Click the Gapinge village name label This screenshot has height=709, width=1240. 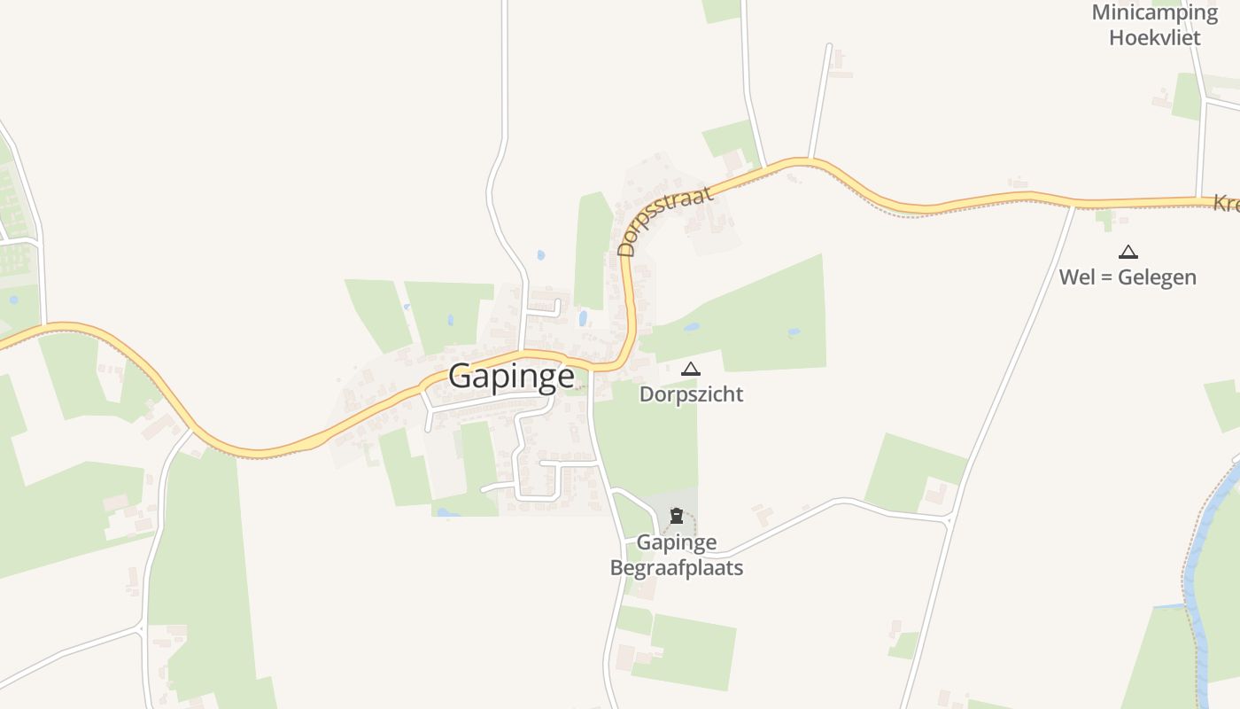[x=511, y=376]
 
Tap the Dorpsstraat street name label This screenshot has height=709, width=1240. [x=665, y=221]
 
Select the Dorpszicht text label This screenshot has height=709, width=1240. [x=691, y=394]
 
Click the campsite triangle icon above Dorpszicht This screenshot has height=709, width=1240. [x=691, y=370]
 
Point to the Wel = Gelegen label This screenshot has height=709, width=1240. [x=1128, y=277]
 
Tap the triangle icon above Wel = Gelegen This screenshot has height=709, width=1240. [x=1128, y=253]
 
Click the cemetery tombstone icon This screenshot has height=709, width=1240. [x=677, y=516]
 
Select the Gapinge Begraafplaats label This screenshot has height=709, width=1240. [x=677, y=555]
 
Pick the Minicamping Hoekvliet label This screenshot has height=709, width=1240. [x=1155, y=25]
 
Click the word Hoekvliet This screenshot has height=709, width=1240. [x=1155, y=37]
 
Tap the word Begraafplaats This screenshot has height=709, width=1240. [x=677, y=567]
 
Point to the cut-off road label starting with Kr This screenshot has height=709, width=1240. [x=1227, y=204]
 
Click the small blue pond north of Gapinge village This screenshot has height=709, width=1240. [x=540, y=255]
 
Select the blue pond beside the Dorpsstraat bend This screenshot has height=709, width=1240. [x=582, y=318]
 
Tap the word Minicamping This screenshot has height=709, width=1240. [x=1155, y=12]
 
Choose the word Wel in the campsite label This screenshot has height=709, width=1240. [x=1076, y=277]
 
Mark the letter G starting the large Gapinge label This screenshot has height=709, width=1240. [x=461, y=376]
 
